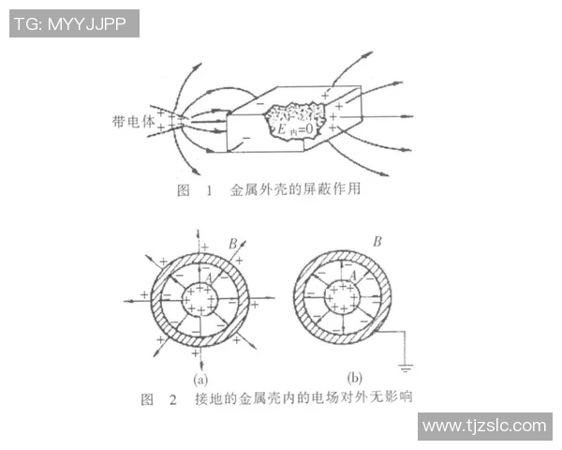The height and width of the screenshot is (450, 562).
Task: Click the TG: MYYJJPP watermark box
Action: (x=74, y=23)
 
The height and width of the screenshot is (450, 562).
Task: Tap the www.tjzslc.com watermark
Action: (x=485, y=427)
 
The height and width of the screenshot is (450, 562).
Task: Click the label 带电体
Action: (x=133, y=122)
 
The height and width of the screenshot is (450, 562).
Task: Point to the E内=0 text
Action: (x=295, y=129)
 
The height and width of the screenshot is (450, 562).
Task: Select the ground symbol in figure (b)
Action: (x=406, y=367)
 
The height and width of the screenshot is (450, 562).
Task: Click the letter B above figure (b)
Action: (x=377, y=242)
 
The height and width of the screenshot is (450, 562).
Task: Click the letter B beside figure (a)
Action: (x=233, y=244)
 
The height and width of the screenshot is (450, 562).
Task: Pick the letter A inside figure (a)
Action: (x=209, y=277)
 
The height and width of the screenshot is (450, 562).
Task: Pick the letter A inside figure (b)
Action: (x=353, y=276)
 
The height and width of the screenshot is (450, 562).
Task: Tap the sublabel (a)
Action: (x=200, y=380)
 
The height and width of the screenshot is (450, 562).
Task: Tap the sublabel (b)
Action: (x=354, y=378)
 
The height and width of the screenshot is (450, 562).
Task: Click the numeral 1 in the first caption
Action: (x=209, y=190)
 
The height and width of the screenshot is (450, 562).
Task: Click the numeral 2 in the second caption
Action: (x=173, y=399)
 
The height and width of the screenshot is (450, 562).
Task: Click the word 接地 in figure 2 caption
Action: (x=209, y=398)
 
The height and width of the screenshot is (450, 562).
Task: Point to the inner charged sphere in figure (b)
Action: (x=343, y=297)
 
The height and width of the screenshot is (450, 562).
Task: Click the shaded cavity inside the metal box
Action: (x=295, y=121)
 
